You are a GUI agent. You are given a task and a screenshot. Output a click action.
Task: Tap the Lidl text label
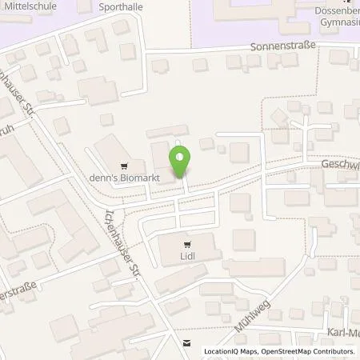click(187, 258)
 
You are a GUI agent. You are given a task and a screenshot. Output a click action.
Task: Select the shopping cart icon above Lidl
click(187, 246)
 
